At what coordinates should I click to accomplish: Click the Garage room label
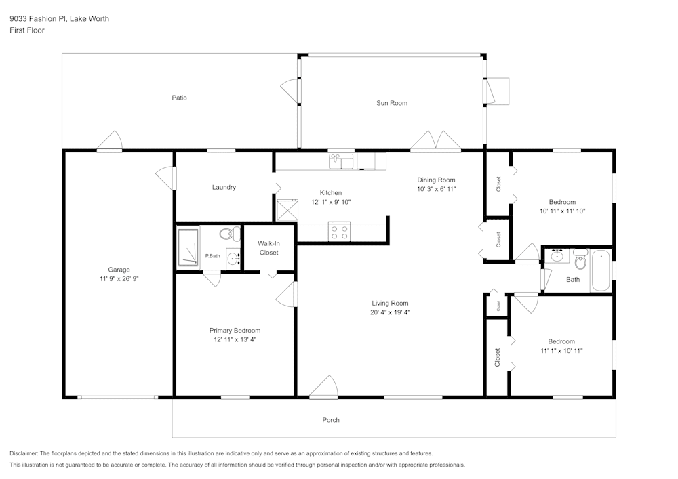click(x=119, y=270)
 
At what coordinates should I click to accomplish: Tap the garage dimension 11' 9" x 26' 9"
click(x=119, y=279)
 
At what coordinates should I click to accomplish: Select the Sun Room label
click(x=392, y=103)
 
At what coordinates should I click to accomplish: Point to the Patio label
click(x=180, y=98)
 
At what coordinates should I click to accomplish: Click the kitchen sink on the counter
click(x=341, y=162)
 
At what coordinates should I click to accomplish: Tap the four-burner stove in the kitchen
click(x=339, y=231)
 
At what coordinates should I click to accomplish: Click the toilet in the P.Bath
click(x=230, y=234)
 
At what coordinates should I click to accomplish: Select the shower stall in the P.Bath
click(x=188, y=247)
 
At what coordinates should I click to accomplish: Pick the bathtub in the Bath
click(x=600, y=270)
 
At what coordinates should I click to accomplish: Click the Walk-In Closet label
click(x=269, y=248)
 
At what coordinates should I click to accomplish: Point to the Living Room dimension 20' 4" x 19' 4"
click(x=390, y=312)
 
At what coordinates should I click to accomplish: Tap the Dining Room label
click(x=436, y=180)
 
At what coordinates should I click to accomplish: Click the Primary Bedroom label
click(x=235, y=331)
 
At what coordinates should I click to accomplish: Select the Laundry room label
click(x=224, y=187)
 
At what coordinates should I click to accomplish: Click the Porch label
click(x=331, y=420)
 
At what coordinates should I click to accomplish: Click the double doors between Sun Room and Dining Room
click(x=435, y=141)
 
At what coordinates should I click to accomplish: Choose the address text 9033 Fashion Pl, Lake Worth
click(x=59, y=18)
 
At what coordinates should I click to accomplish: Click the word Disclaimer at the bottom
click(x=24, y=453)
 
